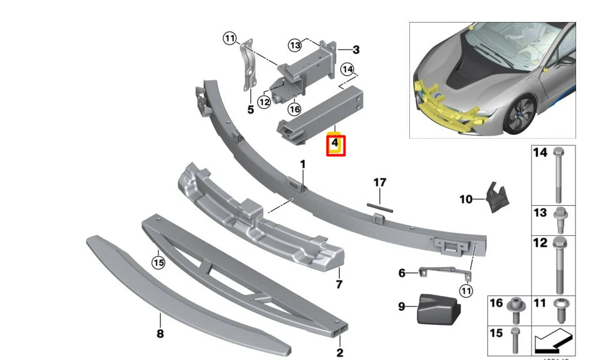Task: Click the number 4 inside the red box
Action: click(335, 145)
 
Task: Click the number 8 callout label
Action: click(160, 334)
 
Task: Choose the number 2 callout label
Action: click(340, 352)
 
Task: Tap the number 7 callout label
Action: click(339, 285)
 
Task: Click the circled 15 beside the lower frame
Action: click(159, 263)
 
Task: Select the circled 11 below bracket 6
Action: click(465, 290)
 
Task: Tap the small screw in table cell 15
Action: click(515, 339)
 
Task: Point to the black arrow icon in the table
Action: click(554, 341)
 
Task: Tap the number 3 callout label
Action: click(355, 50)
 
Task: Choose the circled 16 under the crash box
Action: click(295, 109)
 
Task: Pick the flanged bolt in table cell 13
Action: click(560, 218)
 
